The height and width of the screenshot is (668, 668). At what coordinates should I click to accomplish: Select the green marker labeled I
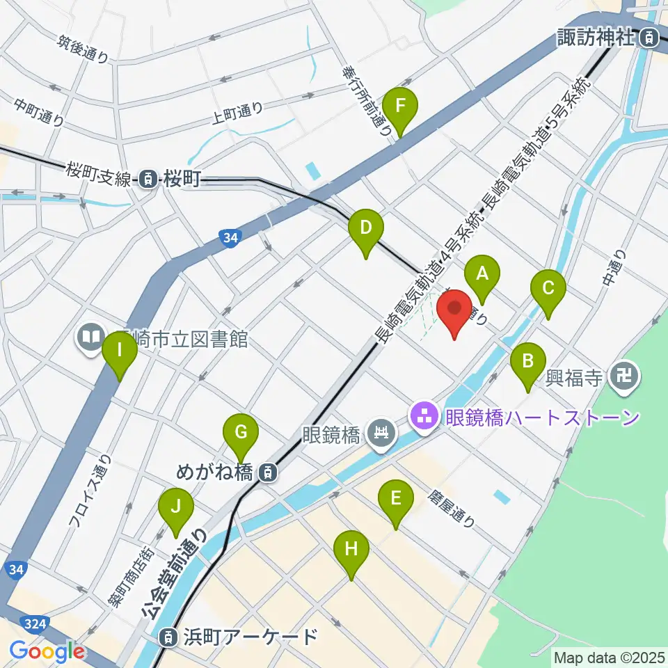tap(120, 351)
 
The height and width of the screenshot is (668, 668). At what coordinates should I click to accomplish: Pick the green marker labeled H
tap(351, 549)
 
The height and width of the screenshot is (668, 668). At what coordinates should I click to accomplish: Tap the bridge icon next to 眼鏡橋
tap(381, 436)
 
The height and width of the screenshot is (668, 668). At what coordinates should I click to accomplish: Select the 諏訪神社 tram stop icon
tap(649, 37)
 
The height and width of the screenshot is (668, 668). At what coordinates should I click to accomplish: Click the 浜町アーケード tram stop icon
tap(168, 636)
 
